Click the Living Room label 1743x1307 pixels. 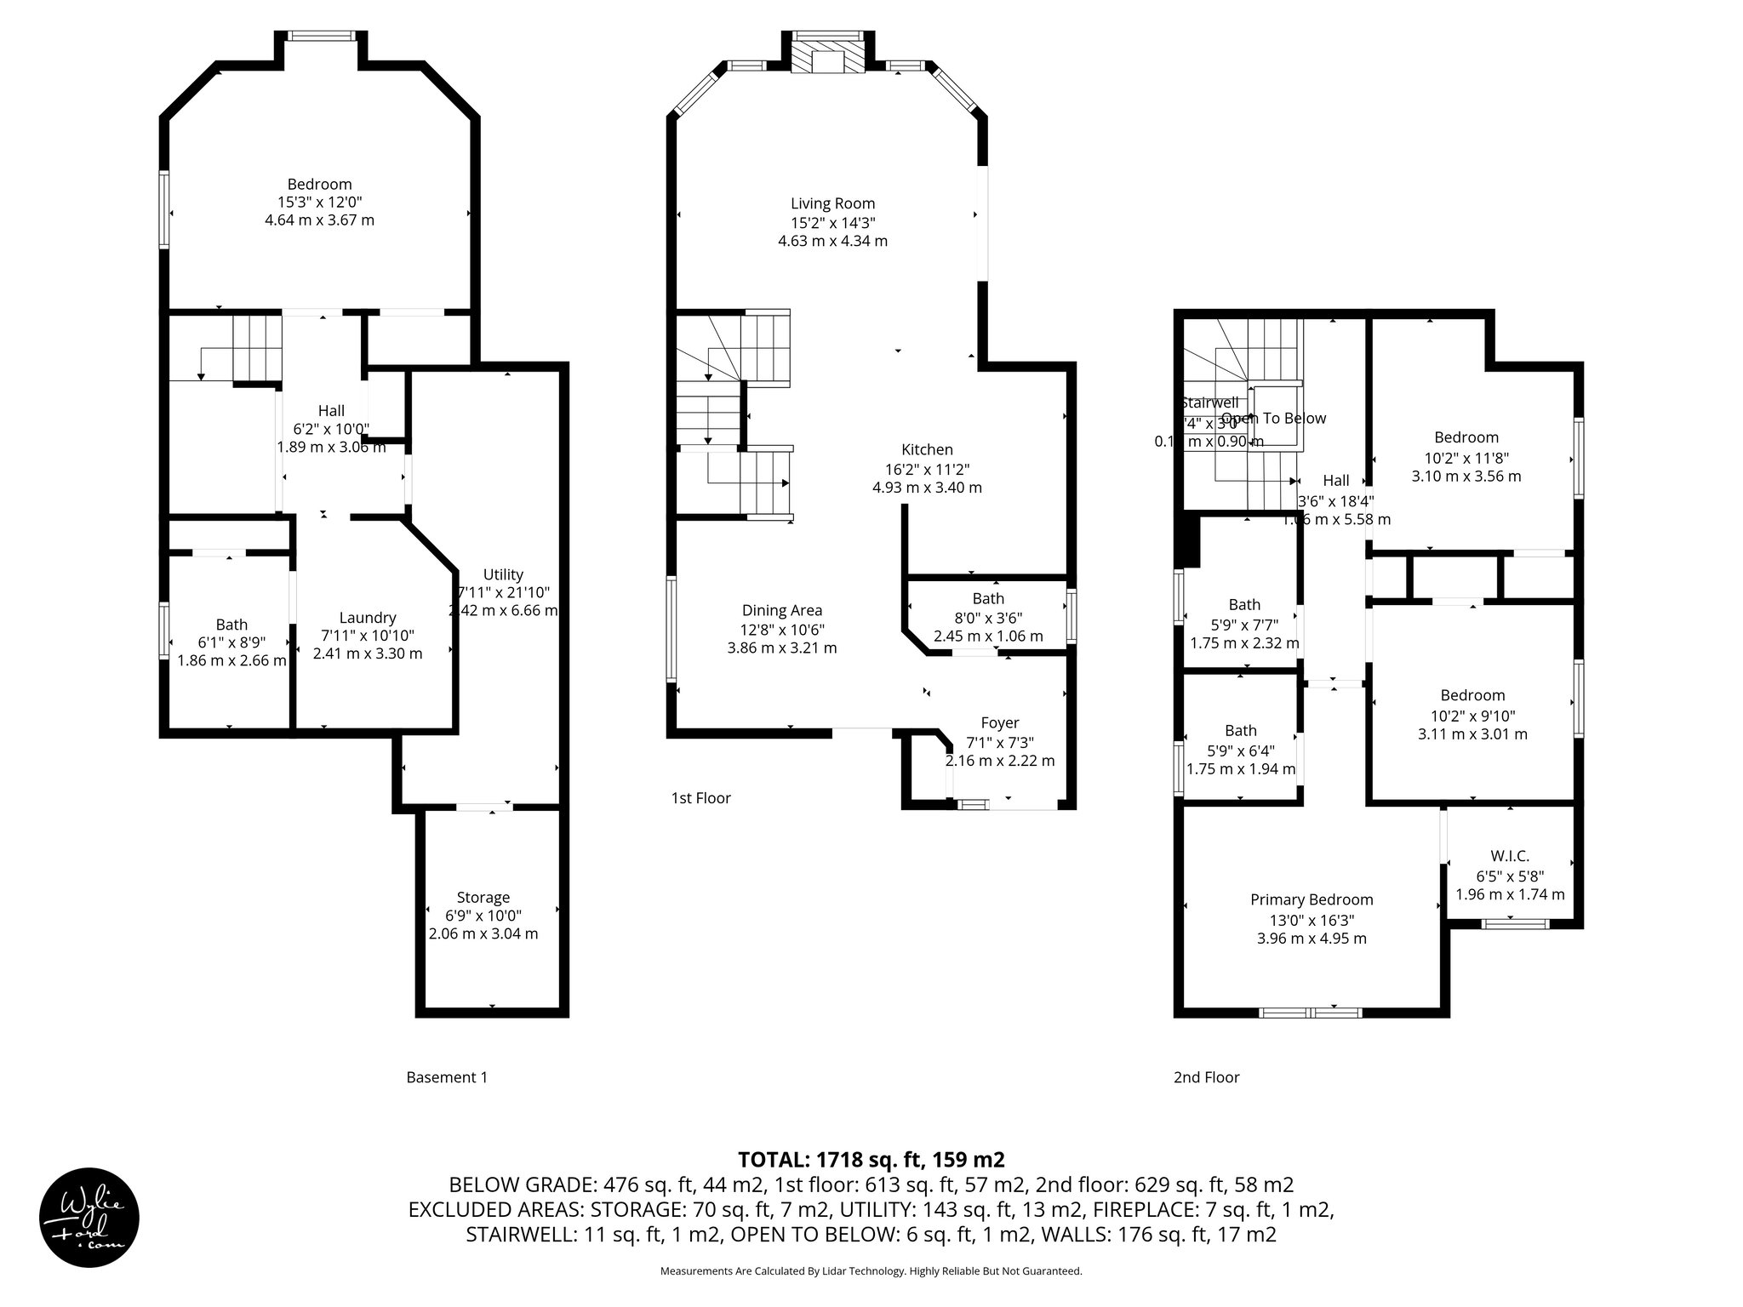832,203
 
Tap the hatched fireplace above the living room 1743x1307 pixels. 826,54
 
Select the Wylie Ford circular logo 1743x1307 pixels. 89,1217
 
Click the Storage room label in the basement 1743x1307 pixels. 483,897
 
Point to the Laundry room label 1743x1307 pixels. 367,618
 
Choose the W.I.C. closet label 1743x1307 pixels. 1510,856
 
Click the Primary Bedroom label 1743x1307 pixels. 1311,899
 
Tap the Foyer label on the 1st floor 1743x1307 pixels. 999,723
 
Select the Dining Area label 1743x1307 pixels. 781,610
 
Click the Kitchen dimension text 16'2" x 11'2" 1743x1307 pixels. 927,469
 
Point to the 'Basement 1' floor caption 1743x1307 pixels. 447,1077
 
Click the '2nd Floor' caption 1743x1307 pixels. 1206,1077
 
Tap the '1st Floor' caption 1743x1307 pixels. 700,798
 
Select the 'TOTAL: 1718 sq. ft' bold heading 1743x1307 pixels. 871,1159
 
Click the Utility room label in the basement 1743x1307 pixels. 503,574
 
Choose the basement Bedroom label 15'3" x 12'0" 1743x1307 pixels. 319,185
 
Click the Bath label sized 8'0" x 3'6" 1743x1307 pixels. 988,599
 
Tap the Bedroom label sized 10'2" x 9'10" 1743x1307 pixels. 1472,695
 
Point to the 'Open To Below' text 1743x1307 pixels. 1273,418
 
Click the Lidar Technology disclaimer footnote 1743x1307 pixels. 871,1271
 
